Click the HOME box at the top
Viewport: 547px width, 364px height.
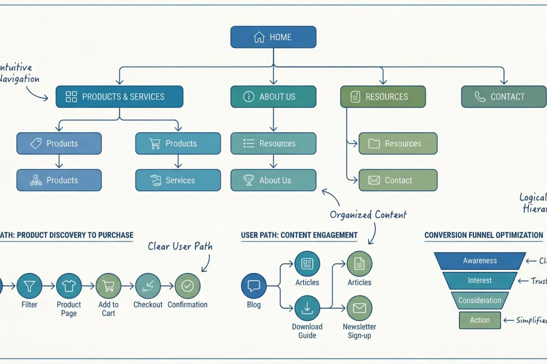tap(273, 37)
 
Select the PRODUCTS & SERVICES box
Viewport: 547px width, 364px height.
tap(120, 96)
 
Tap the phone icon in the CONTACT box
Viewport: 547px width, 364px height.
tap(480, 96)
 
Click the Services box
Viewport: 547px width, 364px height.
tap(177, 180)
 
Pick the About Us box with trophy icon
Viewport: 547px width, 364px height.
tap(273, 180)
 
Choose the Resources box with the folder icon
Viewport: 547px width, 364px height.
tap(397, 144)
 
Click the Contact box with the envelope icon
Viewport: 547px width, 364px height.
tap(397, 180)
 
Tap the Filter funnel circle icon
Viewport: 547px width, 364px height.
tap(29, 285)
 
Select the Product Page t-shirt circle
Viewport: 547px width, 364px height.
tap(69, 285)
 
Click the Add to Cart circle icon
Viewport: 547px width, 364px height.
tap(108, 285)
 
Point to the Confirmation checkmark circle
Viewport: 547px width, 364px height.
tap(187, 285)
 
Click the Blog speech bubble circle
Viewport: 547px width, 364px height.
tap(253, 286)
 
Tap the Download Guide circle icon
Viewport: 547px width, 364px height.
tap(307, 308)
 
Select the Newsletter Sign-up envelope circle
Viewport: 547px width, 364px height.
tap(359, 308)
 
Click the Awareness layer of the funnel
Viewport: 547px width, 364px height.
tap(480, 261)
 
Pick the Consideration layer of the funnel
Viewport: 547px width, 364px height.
tap(480, 300)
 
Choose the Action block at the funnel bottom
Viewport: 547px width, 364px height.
tap(480, 320)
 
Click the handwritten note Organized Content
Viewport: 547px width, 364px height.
tap(368, 215)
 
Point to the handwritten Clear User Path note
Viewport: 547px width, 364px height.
tap(180, 246)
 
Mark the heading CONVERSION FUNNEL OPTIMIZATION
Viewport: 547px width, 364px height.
tap(483, 235)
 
